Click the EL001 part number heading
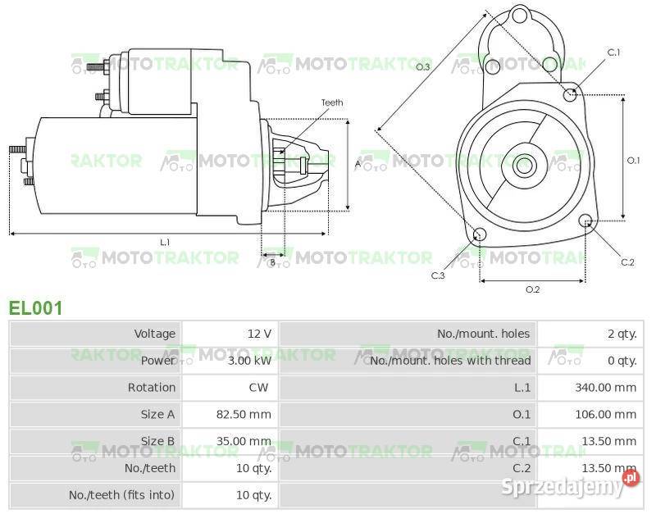35,307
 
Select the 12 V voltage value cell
259,334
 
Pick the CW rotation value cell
259,388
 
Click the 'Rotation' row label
151,388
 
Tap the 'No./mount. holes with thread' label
450,361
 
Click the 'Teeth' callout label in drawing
331,102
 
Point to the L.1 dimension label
165,242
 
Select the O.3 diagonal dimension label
423,66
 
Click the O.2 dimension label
532,289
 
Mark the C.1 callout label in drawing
613,52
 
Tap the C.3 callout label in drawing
438,275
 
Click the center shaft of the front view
523,166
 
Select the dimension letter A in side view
358,164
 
